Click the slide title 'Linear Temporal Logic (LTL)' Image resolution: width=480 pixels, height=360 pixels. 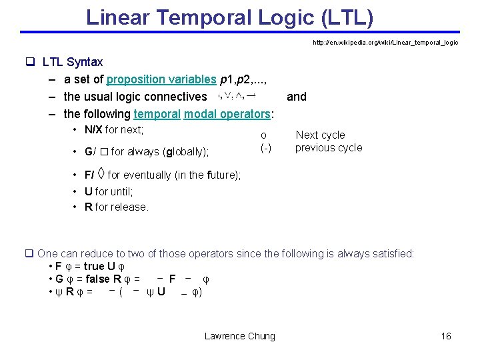pos(229,17)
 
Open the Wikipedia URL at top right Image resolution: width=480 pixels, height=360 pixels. pos(385,43)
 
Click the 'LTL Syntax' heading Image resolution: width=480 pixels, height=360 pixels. pos(72,62)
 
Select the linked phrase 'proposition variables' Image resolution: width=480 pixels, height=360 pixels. pos(161,79)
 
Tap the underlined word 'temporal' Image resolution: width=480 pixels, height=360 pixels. pos(157,114)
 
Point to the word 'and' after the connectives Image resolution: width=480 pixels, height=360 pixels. pos(296,97)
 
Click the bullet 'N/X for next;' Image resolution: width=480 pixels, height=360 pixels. pos(114,130)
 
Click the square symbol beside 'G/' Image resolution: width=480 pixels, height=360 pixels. pos(105,152)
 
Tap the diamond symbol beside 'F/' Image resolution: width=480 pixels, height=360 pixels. pos(101,175)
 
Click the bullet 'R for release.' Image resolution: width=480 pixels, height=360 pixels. pos(117,207)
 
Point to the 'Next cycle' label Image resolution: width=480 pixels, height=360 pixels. pos(320,135)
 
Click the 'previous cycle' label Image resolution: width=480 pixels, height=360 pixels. pos(328,147)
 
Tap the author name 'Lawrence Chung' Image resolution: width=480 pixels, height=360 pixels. pos(239,336)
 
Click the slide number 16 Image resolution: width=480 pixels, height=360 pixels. pos(446,336)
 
